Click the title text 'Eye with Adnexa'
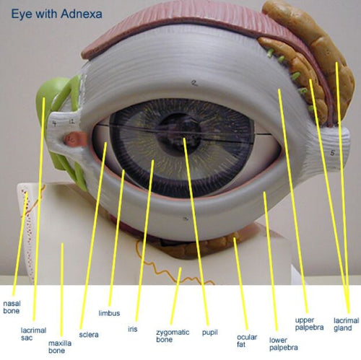tap(56, 14)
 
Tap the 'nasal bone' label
tap(12, 307)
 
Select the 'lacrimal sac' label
tap(33, 334)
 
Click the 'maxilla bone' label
tap(60, 347)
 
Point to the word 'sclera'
tap(89, 335)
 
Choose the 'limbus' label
tap(109, 313)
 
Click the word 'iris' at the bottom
tap(133, 329)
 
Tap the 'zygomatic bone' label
tap(173, 335)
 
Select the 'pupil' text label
tap(210, 333)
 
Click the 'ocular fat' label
tap(247, 341)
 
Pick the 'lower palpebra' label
tap(284, 344)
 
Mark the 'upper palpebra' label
tap(309, 324)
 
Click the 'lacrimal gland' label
tap(346, 325)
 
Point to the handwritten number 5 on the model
tap(332, 152)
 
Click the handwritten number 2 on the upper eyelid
tap(194, 83)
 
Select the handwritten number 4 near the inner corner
tap(55, 123)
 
